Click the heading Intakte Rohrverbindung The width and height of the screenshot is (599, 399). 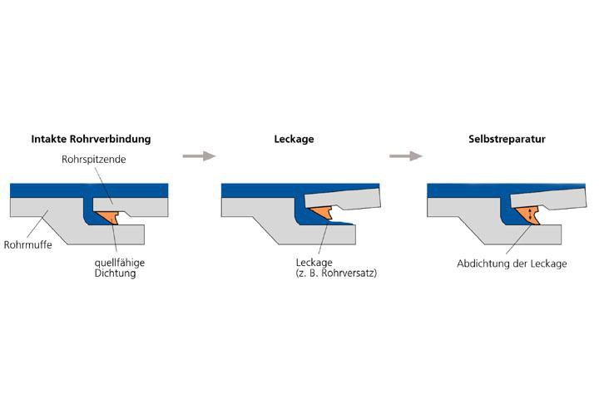pyautogui.click(x=91, y=139)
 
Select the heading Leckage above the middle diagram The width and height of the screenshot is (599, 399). pyautogui.click(x=294, y=139)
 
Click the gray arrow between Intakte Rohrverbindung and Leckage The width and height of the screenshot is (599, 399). pyautogui.click(x=198, y=155)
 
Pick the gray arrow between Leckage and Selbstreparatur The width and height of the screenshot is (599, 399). pyautogui.click(x=405, y=155)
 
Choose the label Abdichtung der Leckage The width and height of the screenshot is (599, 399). pyautogui.click(x=511, y=264)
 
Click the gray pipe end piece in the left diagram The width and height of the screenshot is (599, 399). pyautogui.click(x=133, y=203)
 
